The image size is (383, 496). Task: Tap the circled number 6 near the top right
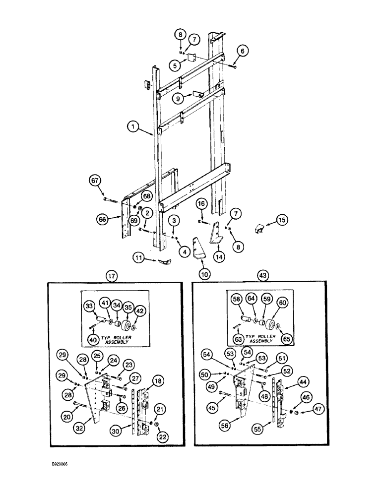242,50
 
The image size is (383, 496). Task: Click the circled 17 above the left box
111,273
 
